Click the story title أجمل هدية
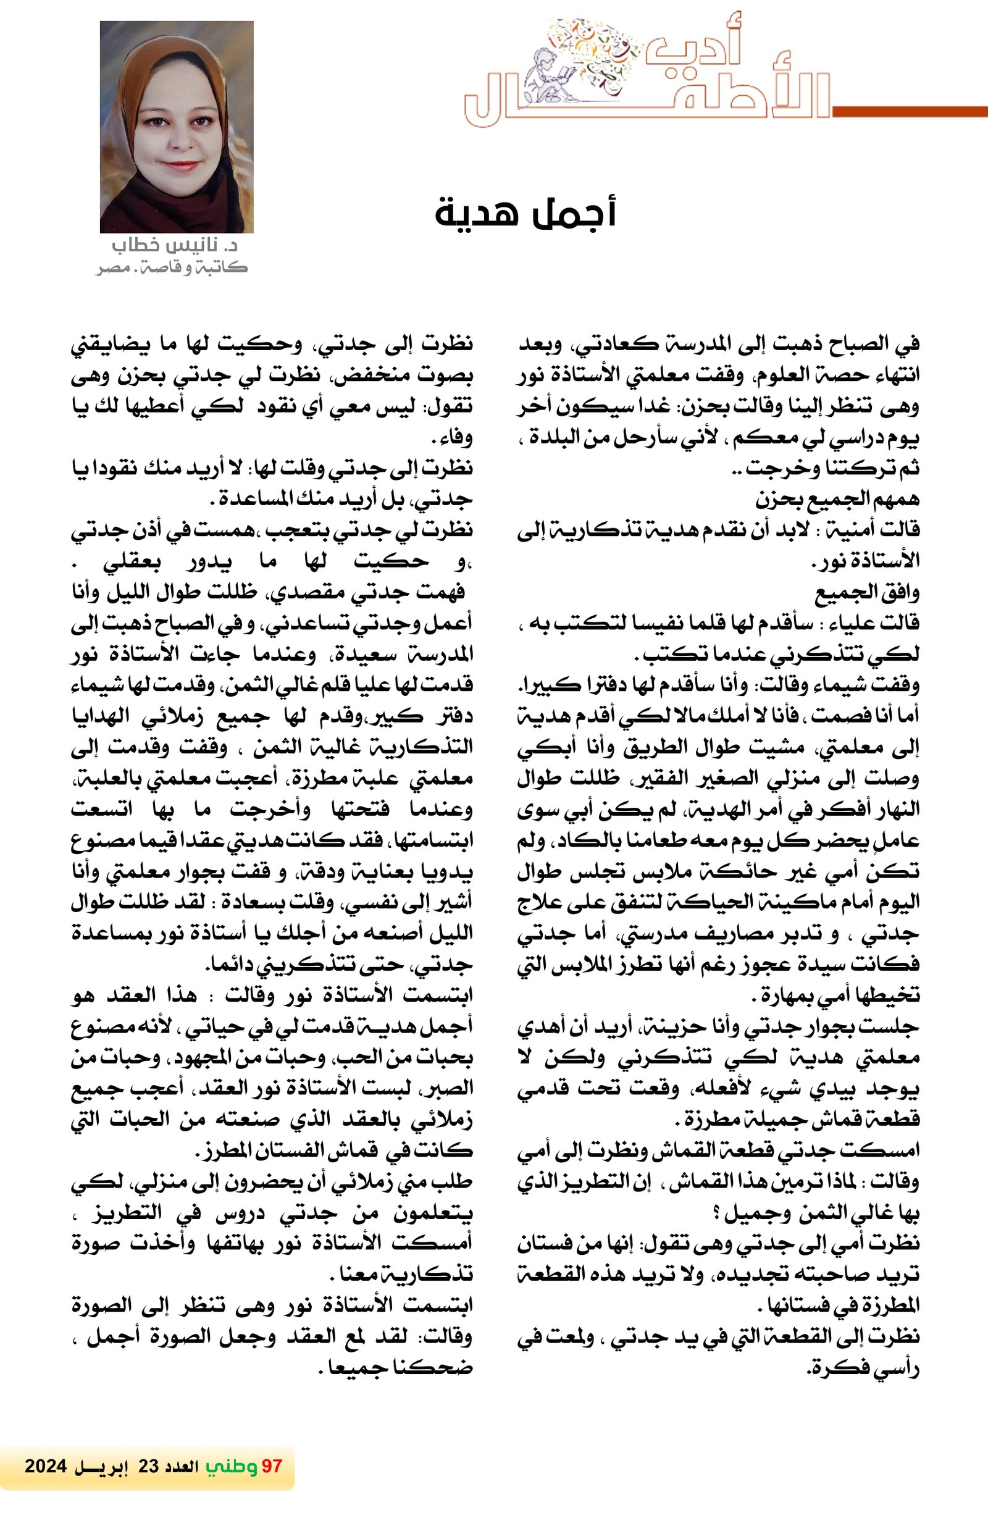[525, 214]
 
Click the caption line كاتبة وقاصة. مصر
[172, 267]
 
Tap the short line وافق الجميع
[867, 593]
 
